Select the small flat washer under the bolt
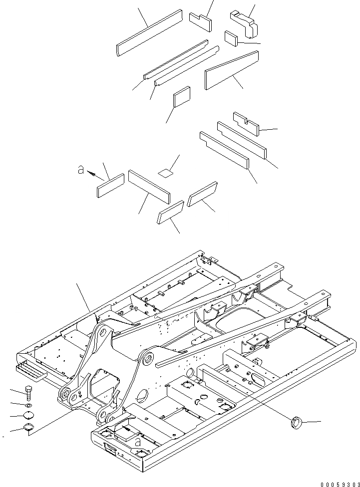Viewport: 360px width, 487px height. pyautogui.click(x=29, y=405)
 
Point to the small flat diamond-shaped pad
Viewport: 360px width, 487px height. pyautogui.click(x=165, y=173)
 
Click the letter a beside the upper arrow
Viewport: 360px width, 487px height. pyautogui.click(x=80, y=170)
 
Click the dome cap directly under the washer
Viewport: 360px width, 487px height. pyautogui.click(x=29, y=416)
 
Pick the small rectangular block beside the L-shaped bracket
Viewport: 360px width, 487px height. pyautogui.click(x=231, y=38)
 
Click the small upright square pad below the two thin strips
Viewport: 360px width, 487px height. pyautogui.click(x=182, y=97)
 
